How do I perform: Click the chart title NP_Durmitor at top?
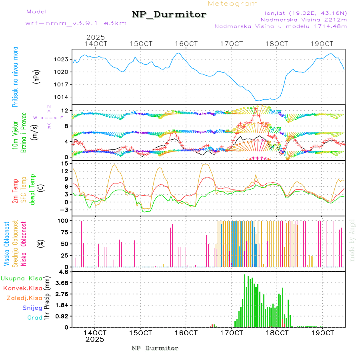(x=169, y=15)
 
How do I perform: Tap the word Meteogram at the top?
(x=233, y=4)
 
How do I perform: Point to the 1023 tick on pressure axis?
(x=62, y=60)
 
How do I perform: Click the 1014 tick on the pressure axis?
(x=62, y=97)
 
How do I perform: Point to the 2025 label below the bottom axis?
(x=94, y=339)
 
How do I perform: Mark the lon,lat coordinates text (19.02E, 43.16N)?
(x=303, y=12)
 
